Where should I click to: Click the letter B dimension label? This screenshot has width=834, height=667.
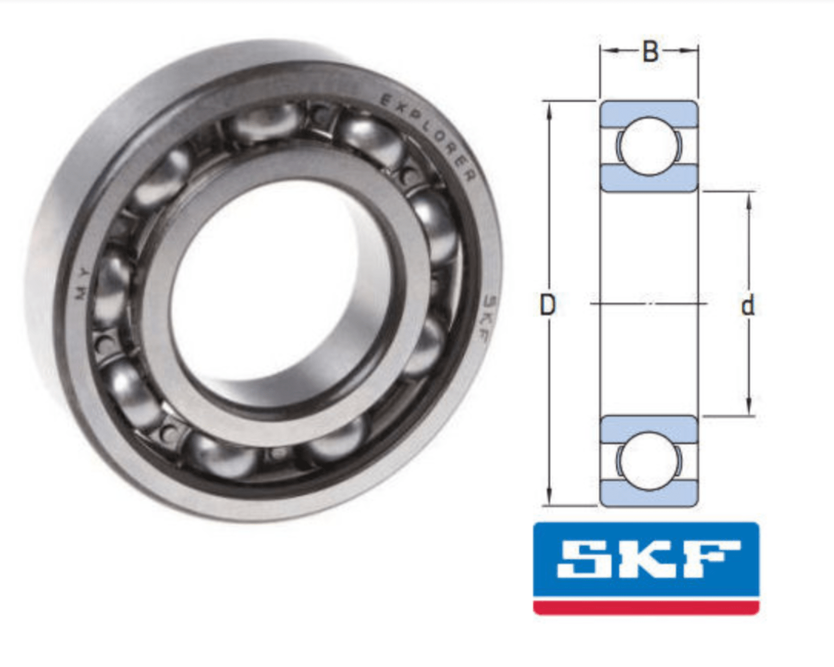click(650, 52)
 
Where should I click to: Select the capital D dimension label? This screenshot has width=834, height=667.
click(547, 305)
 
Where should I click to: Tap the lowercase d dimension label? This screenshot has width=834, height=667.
click(747, 305)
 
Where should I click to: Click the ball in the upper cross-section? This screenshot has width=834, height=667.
click(650, 146)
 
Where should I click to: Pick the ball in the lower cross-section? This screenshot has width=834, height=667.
click(650, 460)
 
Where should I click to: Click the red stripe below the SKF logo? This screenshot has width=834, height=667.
click(646, 607)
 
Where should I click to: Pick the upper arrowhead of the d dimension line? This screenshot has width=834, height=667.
click(749, 200)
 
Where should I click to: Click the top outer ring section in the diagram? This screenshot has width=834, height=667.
click(649, 112)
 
